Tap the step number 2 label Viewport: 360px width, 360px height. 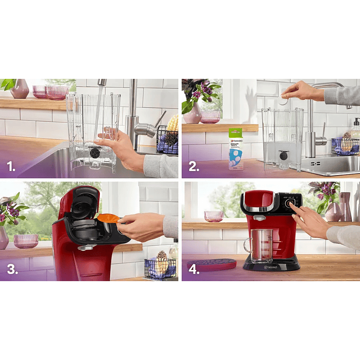tap(194, 165)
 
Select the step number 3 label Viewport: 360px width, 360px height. tap(12, 269)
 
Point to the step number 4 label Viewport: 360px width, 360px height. tap(194, 269)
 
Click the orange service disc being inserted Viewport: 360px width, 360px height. tap(108, 219)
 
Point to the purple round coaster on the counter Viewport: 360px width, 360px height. tap(218, 264)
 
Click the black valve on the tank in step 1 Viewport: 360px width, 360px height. tap(94, 152)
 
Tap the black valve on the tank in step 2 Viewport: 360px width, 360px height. tap(283, 156)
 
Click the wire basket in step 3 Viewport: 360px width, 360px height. tap(161, 268)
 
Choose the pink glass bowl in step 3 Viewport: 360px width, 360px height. tap(26, 241)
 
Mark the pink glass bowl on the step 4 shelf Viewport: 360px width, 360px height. tap(214, 216)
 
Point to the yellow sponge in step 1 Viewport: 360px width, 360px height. tap(173, 123)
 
